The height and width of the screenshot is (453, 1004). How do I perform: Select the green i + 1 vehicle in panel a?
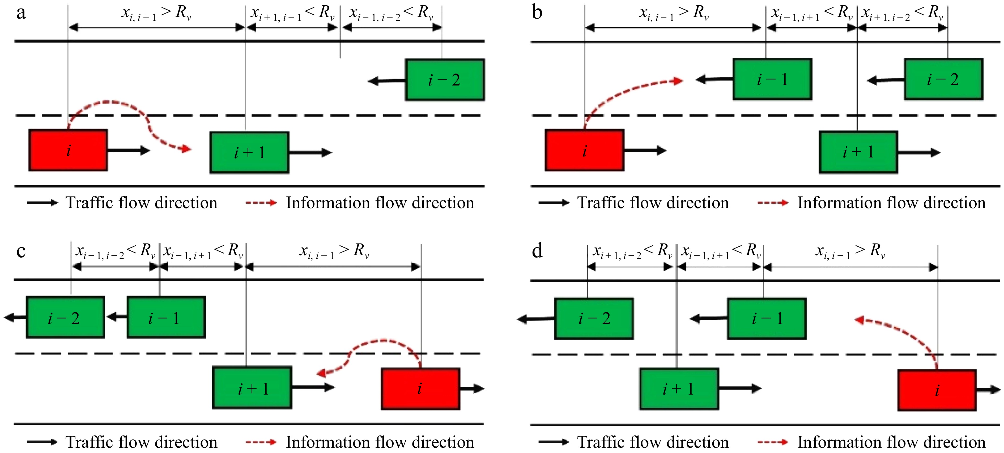click(249, 153)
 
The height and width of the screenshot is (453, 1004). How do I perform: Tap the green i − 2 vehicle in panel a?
click(444, 80)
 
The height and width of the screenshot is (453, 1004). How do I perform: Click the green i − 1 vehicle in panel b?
click(772, 79)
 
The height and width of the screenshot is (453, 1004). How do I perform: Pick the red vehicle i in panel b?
click(584, 150)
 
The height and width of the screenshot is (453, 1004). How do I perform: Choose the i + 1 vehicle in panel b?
click(858, 152)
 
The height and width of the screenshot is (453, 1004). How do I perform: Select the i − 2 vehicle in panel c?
click(65, 318)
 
